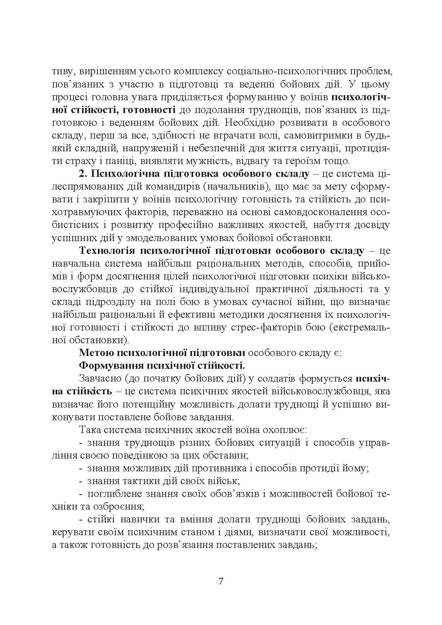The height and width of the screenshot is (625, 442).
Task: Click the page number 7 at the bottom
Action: point(221,582)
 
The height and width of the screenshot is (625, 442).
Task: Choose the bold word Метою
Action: point(93,353)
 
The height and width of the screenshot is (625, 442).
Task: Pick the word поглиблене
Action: point(113,493)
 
